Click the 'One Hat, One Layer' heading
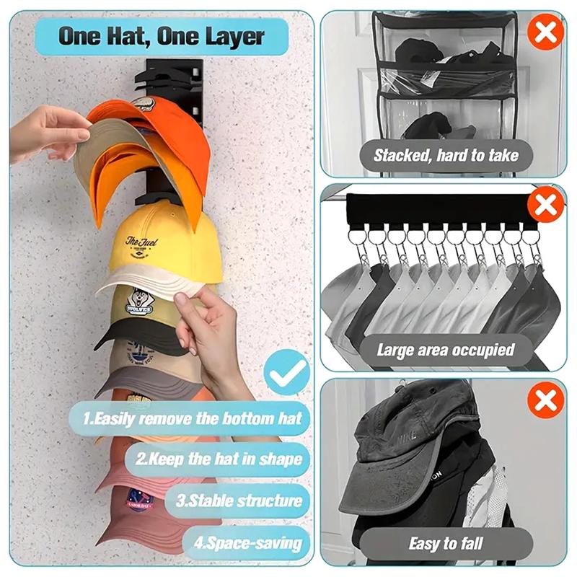pos(162,36)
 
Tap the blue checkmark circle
pos(286,371)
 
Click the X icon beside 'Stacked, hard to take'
pos(545,32)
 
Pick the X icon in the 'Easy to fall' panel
pos(545,400)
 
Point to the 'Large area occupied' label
pos(445,351)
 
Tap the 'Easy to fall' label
pos(446,543)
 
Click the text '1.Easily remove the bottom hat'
pos(191,418)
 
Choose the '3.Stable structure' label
pos(239,501)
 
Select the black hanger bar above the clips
pos(433,208)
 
